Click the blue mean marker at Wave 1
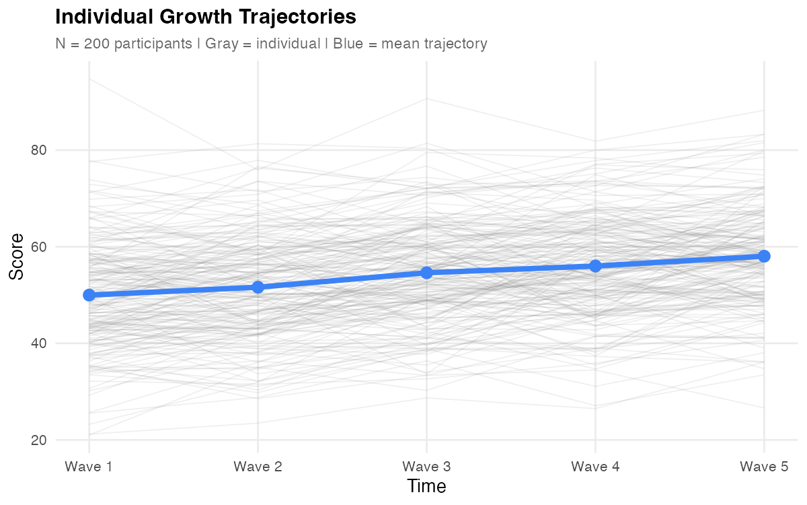pos(89,295)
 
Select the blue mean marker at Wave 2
pos(258,288)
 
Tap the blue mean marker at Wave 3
pos(426,273)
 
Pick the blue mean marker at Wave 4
pos(595,266)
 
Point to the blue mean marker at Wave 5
pos(764,256)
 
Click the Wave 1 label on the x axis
pos(89,466)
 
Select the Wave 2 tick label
pos(258,466)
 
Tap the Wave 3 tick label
pos(426,466)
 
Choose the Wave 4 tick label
pos(595,466)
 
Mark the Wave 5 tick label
pos(764,466)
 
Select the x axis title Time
pos(426,486)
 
